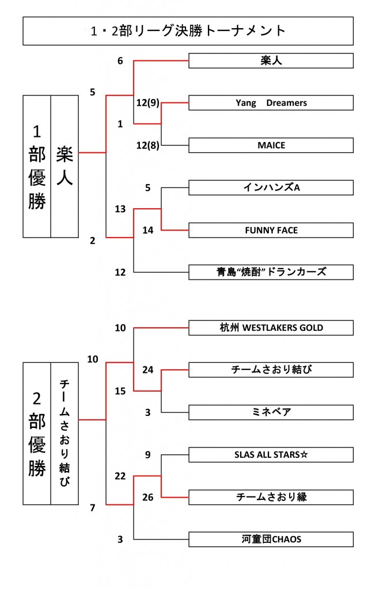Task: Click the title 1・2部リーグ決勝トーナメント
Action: (x=188, y=31)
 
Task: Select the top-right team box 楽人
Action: (x=271, y=60)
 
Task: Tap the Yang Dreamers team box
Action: (x=271, y=103)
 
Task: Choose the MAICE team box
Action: (x=271, y=146)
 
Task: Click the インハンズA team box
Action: (x=271, y=188)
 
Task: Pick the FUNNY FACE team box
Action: (x=271, y=230)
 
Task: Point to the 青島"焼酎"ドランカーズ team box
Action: (x=271, y=272)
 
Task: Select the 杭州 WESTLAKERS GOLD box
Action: (x=271, y=328)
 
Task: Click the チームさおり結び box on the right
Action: (x=271, y=370)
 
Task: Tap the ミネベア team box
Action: (x=271, y=412)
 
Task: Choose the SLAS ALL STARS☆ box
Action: (x=271, y=455)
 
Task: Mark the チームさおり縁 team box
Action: (x=271, y=497)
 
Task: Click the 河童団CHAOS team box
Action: (x=271, y=540)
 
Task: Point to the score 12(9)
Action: (x=147, y=103)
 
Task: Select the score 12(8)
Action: (x=147, y=146)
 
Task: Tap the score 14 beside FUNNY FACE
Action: (x=148, y=230)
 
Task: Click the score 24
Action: (x=148, y=370)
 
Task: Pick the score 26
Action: (x=148, y=497)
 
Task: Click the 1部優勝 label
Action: (x=37, y=167)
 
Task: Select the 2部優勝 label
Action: (x=37, y=433)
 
